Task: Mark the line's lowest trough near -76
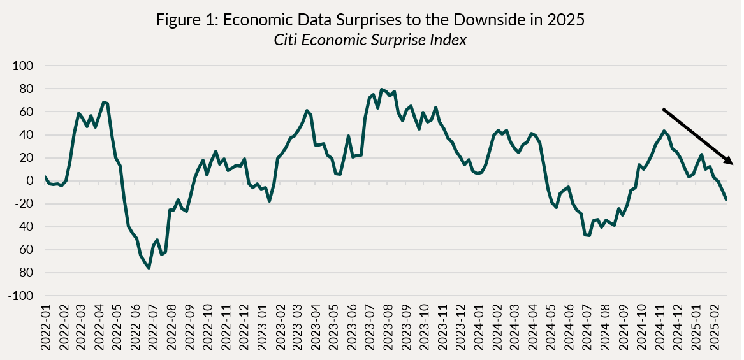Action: pyautogui.click(x=149, y=268)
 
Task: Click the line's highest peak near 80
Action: pyautogui.click(x=381, y=89)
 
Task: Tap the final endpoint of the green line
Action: pyautogui.click(x=726, y=200)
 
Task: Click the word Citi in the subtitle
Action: pyautogui.click(x=285, y=40)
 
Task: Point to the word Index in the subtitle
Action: pyautogui.click(x=450, y=40)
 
